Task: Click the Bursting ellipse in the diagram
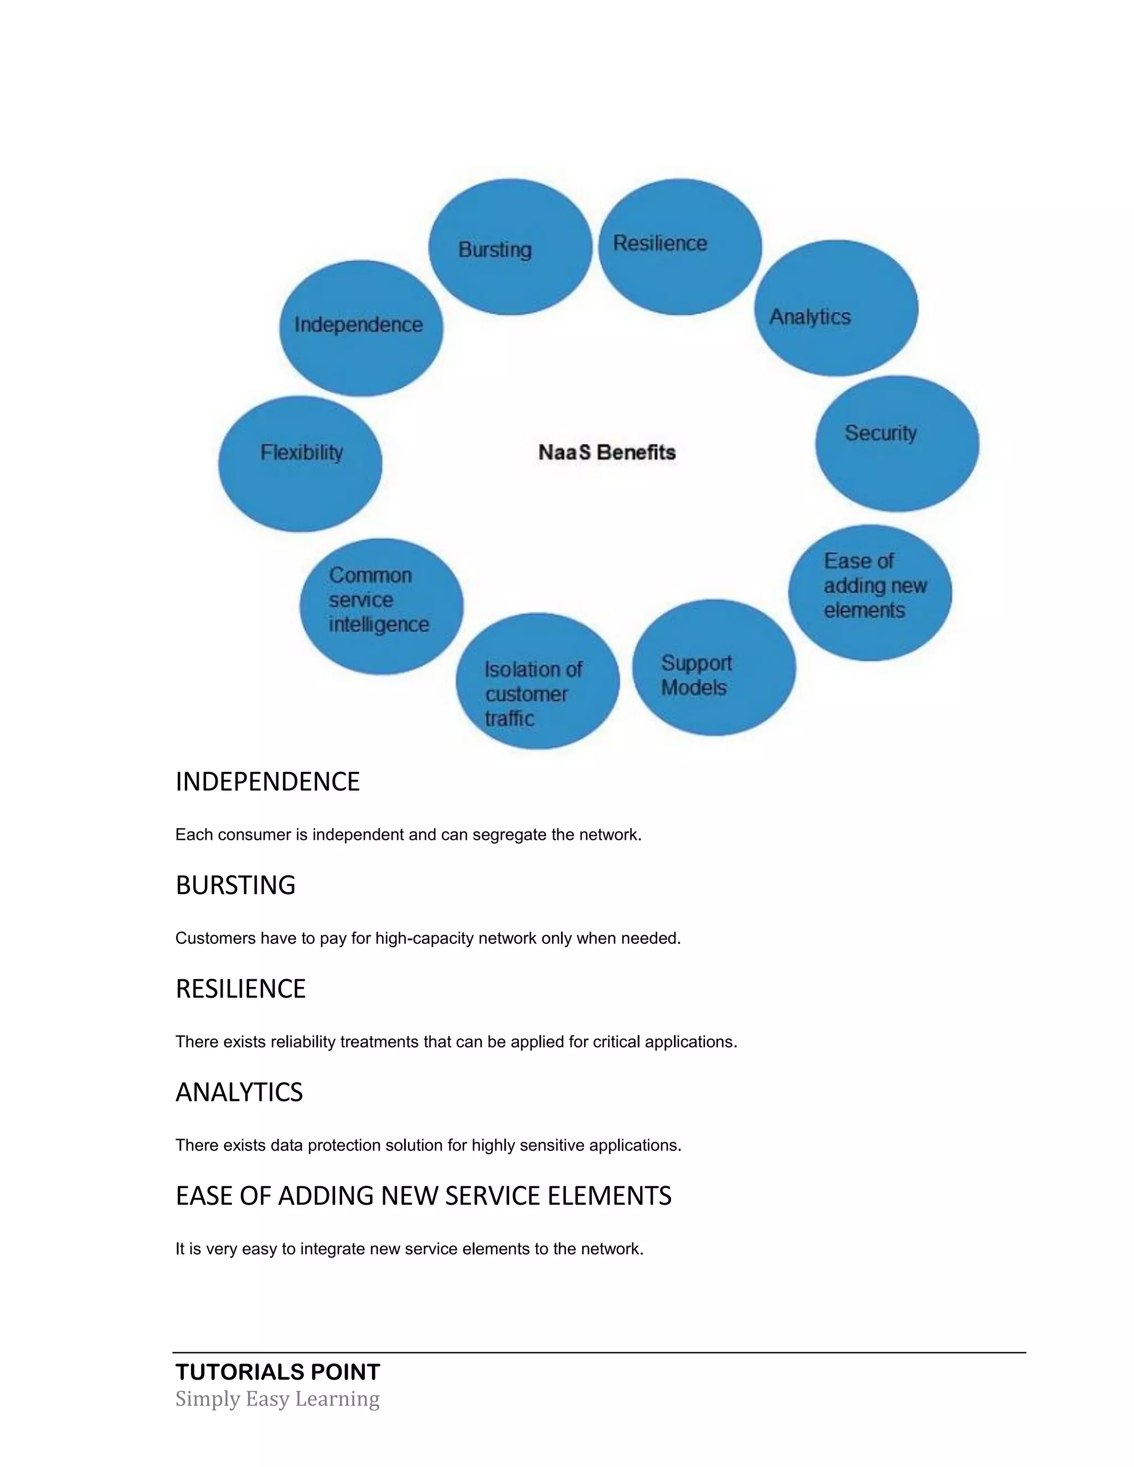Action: click(510, 247)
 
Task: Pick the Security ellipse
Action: click(897, 443)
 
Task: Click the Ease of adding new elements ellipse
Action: click(870, 592)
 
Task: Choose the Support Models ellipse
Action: click(713, 668)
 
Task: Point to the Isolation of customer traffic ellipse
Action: click(538, 681)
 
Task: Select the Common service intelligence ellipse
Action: click(381, 606)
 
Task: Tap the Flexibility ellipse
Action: click(300, 463)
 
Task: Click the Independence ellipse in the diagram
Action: click(361, 328)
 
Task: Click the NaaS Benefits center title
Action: click(607, 453)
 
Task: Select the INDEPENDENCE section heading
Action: click(267, 782)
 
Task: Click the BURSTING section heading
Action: click(235, 885)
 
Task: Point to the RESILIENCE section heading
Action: click(240, 989)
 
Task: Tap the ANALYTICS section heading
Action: click(239, 1092)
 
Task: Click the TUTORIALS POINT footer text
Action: click(277, 1372)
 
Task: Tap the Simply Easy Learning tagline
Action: click(277, 1399)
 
